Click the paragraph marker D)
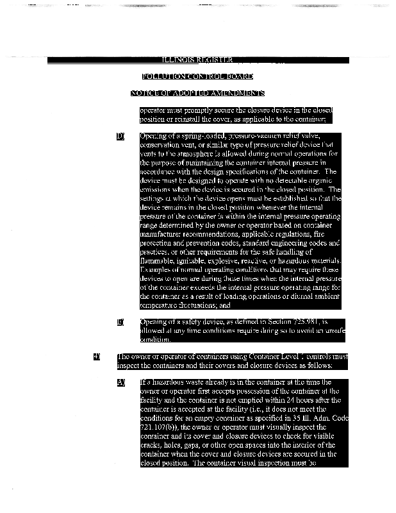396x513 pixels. tap(120, 137)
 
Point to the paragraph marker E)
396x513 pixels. tap(120, 321)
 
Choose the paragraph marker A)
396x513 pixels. tap(120, 383)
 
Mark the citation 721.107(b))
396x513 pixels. tap(165, 425)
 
